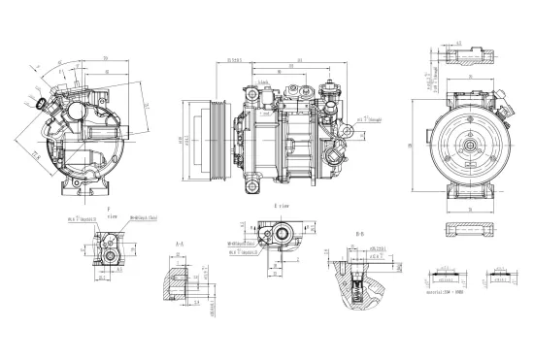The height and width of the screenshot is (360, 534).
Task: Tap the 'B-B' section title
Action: (x=359, y=234)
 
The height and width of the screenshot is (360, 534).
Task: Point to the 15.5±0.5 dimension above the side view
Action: (x=234, y=60)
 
